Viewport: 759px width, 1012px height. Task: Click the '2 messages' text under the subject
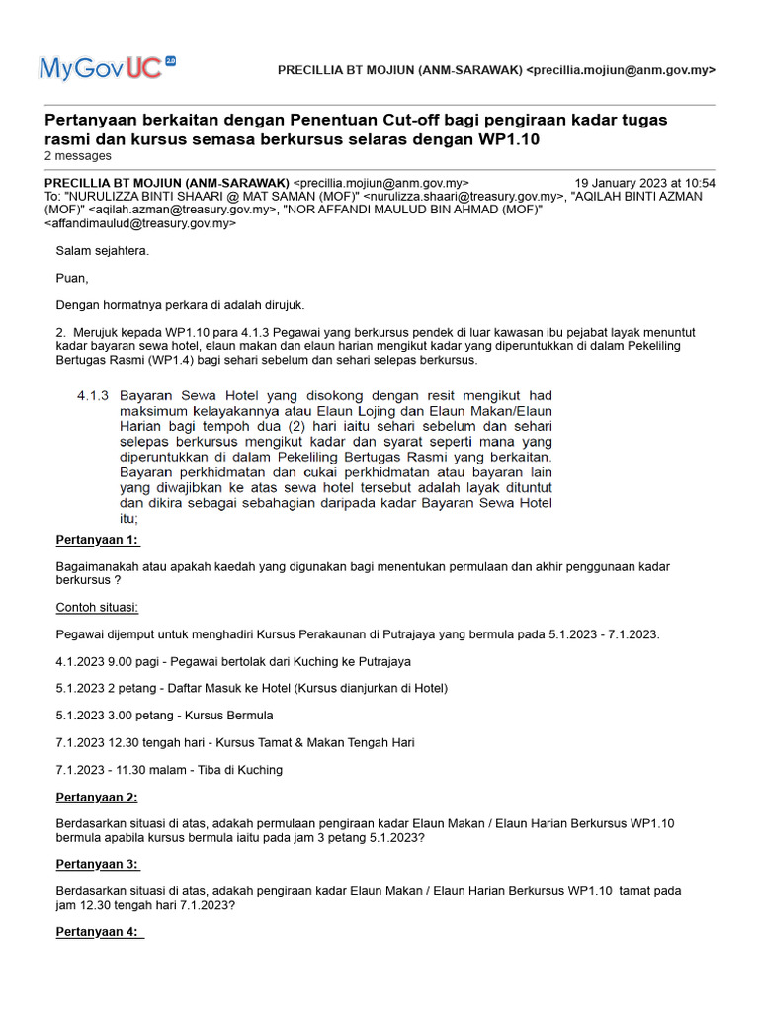(x=78, y=156)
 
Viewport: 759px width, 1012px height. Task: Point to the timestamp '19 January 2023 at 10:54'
(x=645, y=183)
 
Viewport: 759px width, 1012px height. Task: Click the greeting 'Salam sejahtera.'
(x=103, y=251)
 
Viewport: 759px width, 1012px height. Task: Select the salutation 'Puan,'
(x=72, y=278)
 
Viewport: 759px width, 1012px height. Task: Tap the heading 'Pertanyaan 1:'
(x=98, y=540)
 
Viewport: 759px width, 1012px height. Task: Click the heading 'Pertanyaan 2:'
(x=97, y=797)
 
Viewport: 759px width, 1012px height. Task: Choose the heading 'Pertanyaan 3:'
(x=97, y=864)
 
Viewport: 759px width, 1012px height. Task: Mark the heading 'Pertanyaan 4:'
(x=98, y=932)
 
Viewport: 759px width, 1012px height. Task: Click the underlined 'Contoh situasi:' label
(x=97, y=607)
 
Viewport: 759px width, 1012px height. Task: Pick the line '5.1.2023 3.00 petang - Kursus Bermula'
(x=165, y=715)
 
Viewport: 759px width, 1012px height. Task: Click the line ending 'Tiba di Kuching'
(x=169, y=769)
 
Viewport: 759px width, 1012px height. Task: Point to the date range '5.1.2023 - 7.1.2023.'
(x=604, y=633)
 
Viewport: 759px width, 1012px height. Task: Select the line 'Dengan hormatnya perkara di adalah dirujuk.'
(x=181, y=304)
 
